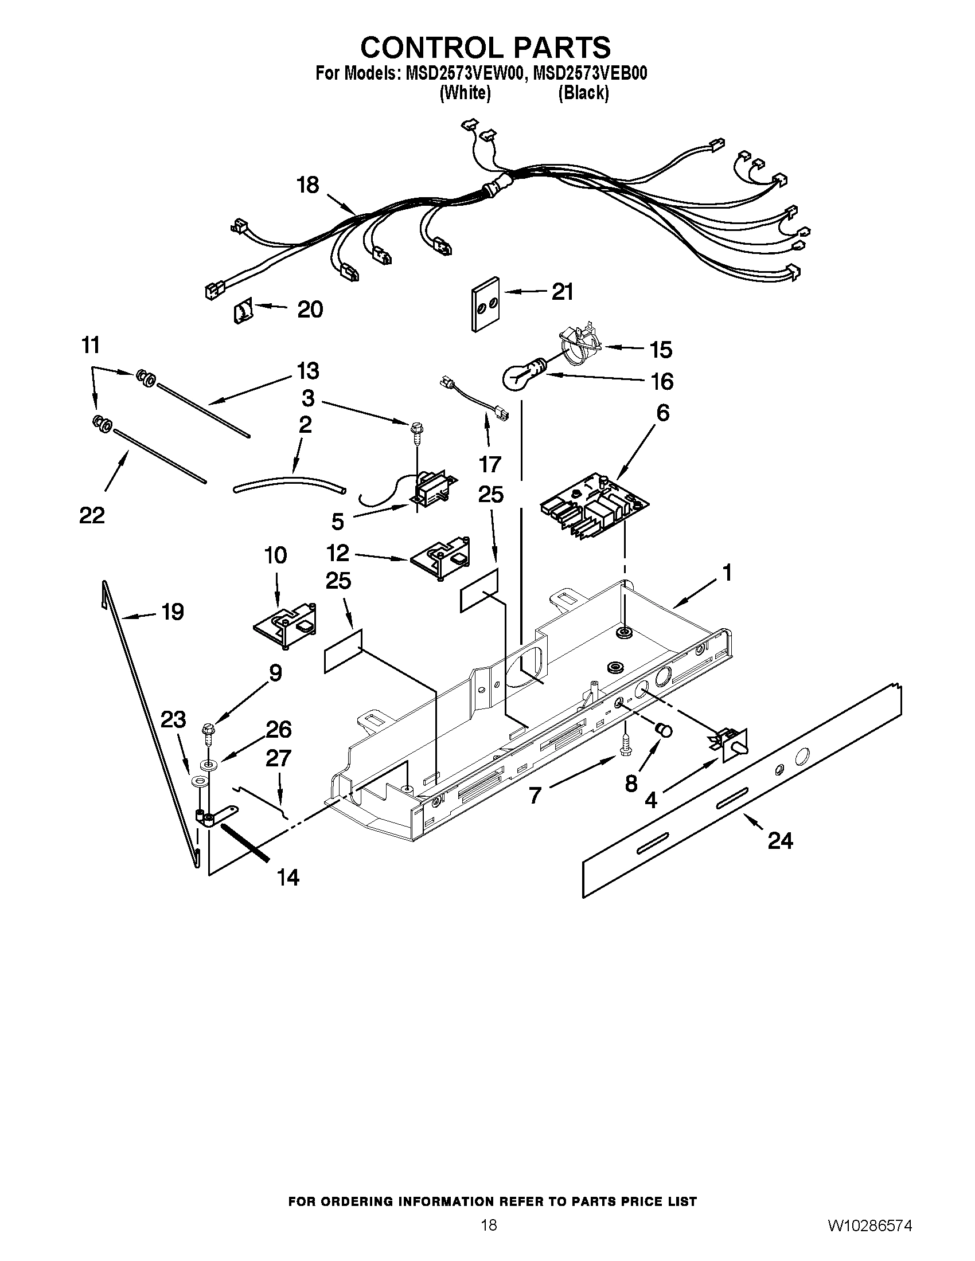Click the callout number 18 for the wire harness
pyautogui.click(x=307, y=186)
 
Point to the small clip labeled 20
pyautogui.click(x=243, y=313)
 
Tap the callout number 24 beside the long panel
pyautogui.click(x=780, y=841)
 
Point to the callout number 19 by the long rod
pyautogui.click(x=173, y=612)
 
